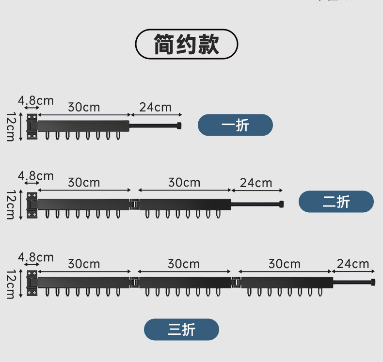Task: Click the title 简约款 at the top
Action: (187, 44)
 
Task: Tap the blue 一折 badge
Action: (235, 125)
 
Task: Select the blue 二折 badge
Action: (336, 202)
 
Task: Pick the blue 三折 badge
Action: (181, 330)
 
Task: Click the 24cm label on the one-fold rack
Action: (156, 107)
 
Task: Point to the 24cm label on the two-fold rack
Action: (256, 183)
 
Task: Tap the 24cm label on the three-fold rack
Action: (353, 264)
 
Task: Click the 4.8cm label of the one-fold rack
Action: (35, 100)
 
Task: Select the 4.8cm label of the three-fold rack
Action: (35, 257)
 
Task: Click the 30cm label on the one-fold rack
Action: (84, 107)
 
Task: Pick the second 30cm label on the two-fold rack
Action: (184, 183)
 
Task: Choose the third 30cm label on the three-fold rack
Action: (285, 264)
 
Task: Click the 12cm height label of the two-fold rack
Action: (10, 205)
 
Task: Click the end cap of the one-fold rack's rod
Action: (179, 126)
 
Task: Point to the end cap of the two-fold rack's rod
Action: (281, 204)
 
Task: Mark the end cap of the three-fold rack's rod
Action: (373, 282)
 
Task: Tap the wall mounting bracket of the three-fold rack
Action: (32, 283)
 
